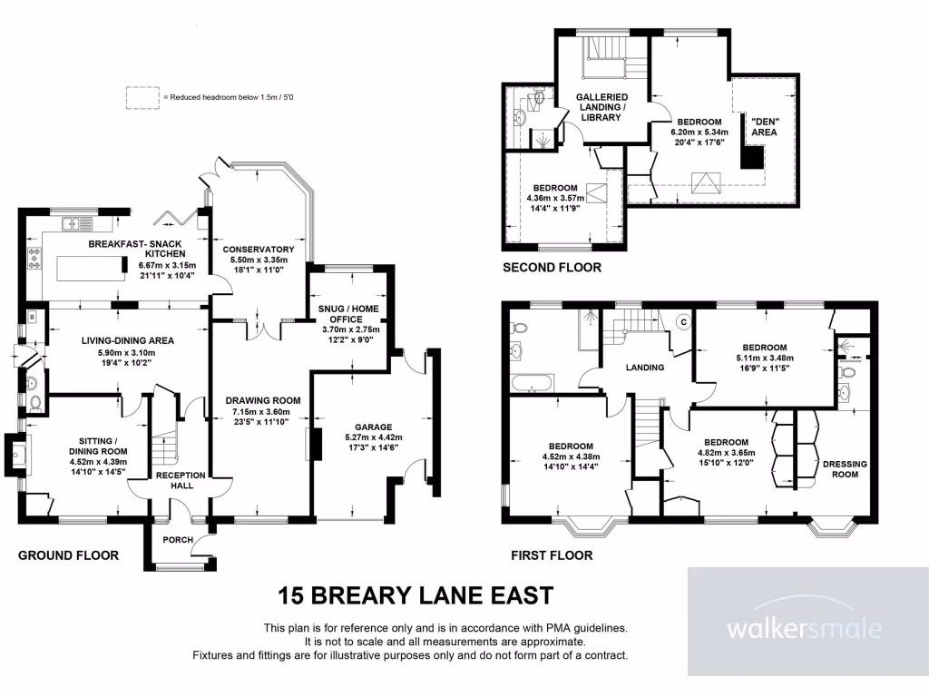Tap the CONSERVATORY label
259,250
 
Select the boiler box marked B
33,318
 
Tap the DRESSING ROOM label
844,469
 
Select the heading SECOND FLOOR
551,268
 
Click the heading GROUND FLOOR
68,555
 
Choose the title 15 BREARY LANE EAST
415,596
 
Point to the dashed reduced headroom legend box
141,95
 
